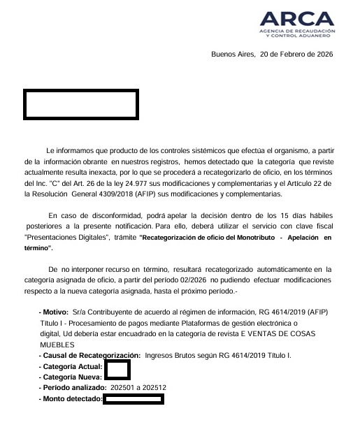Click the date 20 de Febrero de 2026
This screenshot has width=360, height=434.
[296, 54]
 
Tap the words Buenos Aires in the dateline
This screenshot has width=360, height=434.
[233, 54]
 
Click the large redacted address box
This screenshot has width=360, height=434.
[81, 104]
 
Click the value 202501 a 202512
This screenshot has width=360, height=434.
[138, 387]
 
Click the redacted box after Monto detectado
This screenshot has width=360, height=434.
[134, 399]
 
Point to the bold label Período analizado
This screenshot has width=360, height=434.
[72, 387]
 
